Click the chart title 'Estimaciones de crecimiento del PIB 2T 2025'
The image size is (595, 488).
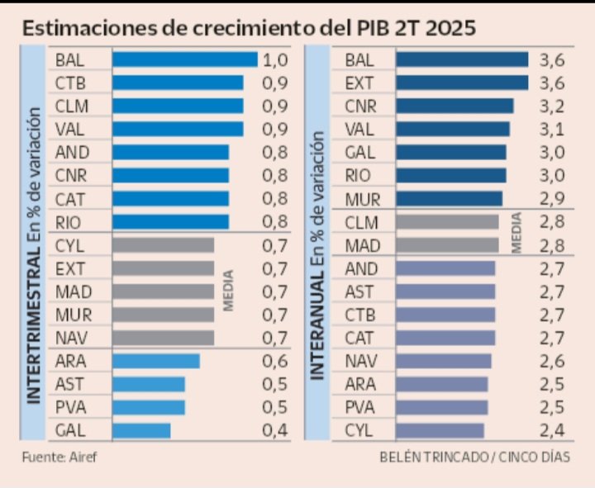[x=249, y=27]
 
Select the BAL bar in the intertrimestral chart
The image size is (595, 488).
[x=184, y=59]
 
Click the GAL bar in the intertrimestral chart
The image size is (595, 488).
[x=140, y=430]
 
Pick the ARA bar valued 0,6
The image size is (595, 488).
[x=155, y=361]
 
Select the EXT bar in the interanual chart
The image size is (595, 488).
[x=461, y=83]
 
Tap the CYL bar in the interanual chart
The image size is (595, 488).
[x=440, y=430]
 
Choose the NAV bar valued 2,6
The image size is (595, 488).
[x=443, y=361]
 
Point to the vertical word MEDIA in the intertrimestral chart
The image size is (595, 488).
[x=229, y=291]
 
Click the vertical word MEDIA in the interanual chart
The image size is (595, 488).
[x=516, y=233]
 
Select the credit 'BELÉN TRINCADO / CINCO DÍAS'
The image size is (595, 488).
[x=475, y=457]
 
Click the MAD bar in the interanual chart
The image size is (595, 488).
[x=447, y=245]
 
